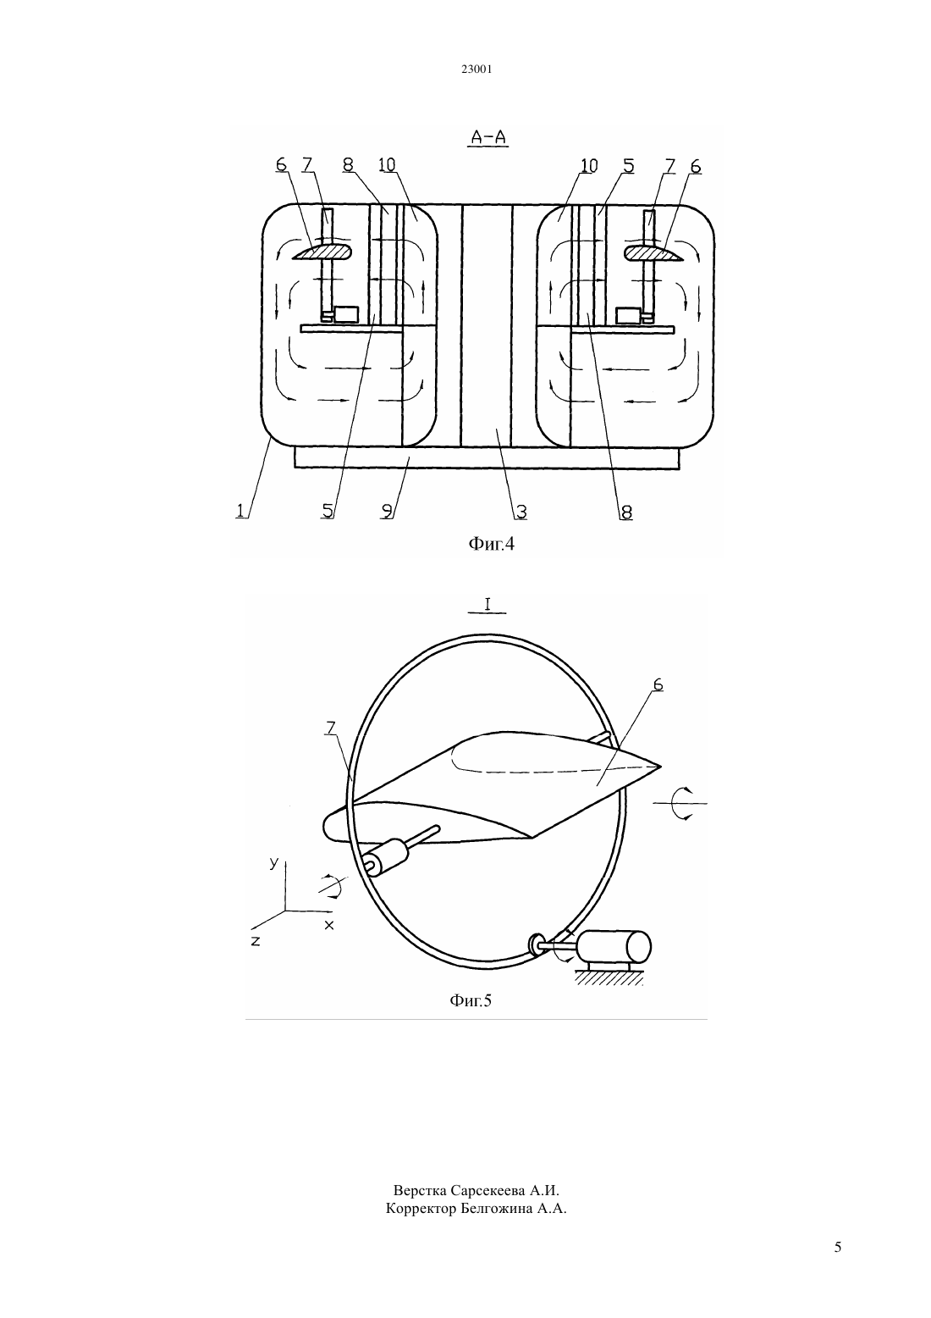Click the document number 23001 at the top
click(476, 69)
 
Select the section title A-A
click(488, 137)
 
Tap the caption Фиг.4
click(491, 544)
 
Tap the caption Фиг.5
click(471, 1000)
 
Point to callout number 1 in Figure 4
click(240, 510)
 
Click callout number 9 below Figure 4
click(386, 511)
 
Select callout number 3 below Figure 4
click(521, 512)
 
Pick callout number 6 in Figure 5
click(658, 684)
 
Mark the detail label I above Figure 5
click(488, 604)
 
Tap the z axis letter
click(255, 941)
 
